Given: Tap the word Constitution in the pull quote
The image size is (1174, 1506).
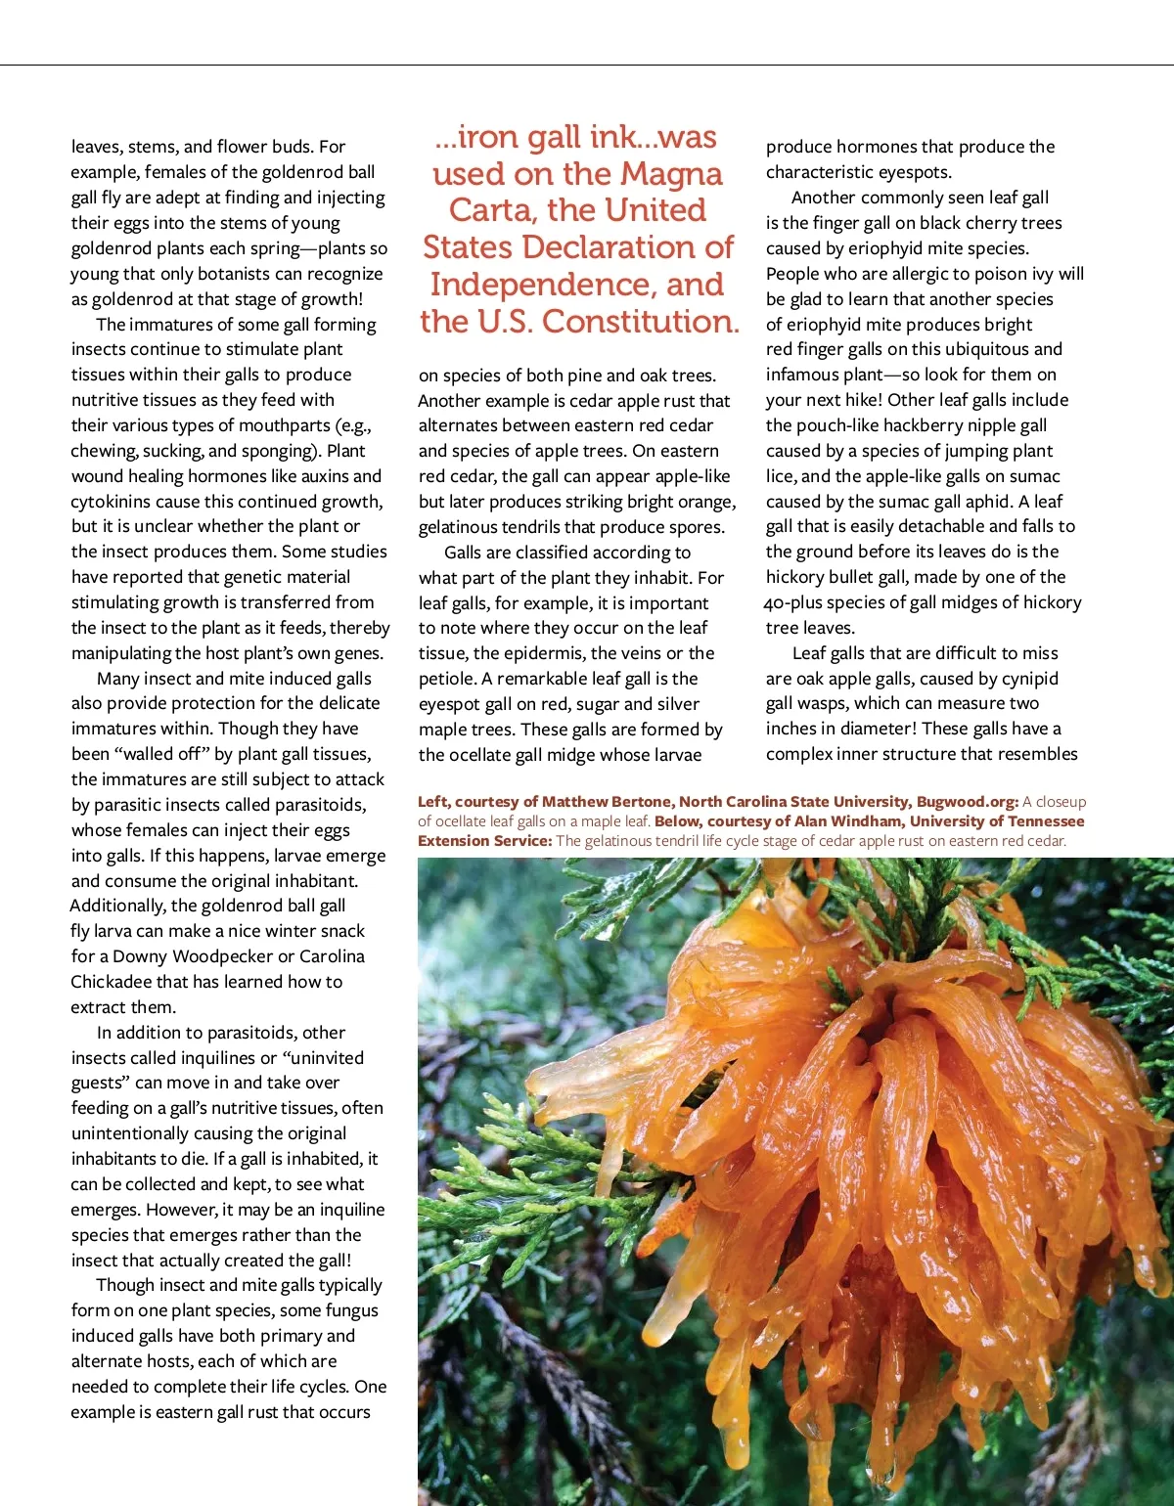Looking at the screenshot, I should point(641,321).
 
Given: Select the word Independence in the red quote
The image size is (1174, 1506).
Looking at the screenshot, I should point(548,285).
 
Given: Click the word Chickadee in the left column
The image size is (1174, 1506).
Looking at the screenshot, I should point(111,982).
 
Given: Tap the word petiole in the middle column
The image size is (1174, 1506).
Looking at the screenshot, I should point(448,679).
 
